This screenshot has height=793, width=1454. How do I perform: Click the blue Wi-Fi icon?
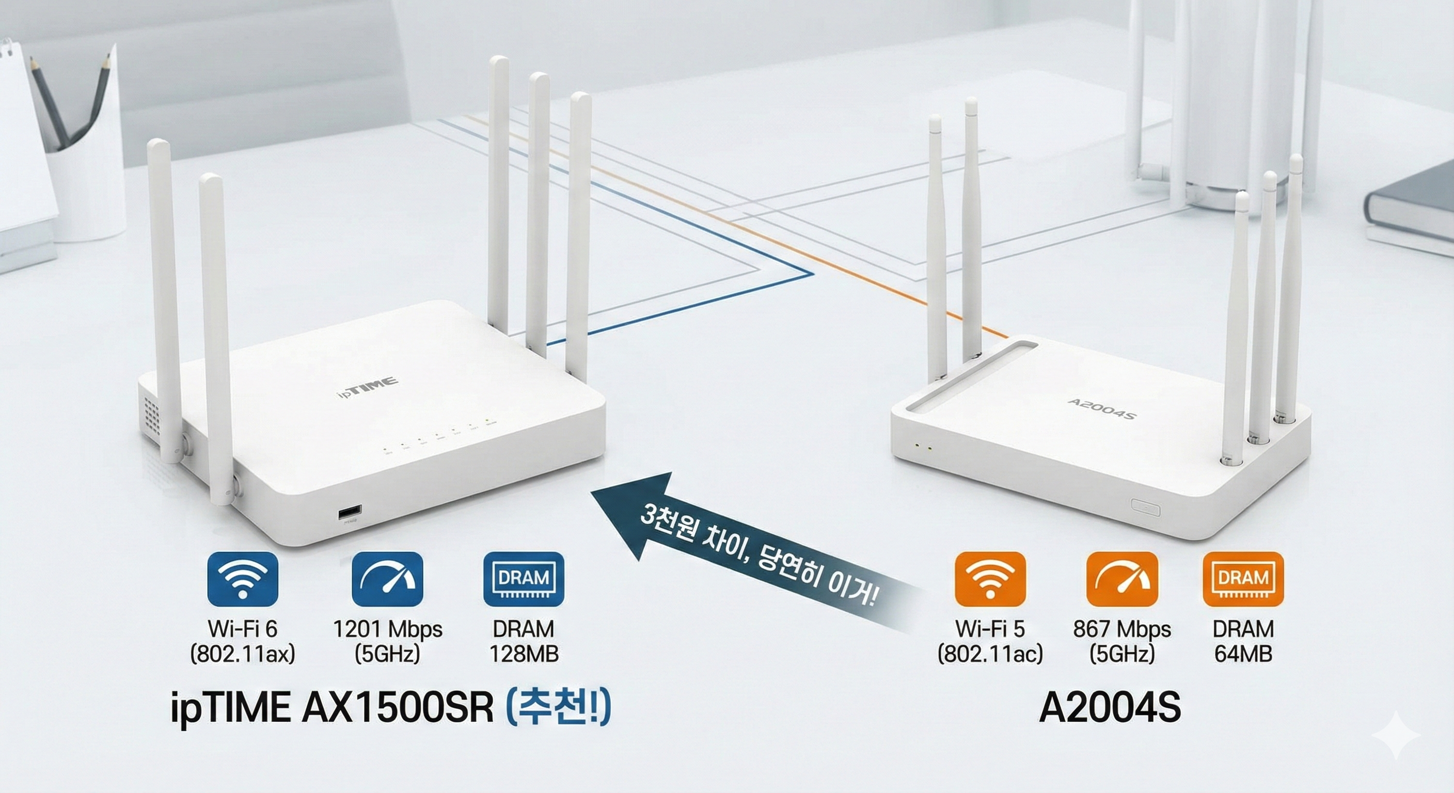coord(243,579)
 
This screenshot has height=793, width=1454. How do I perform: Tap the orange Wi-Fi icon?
coord(990,579)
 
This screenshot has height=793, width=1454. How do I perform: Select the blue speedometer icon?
coord(387,579)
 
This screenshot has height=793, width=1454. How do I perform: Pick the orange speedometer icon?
coord(1122,579)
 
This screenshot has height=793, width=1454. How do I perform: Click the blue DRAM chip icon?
coord(524,579)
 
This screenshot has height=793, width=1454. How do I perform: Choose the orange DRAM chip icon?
coord(1243,579)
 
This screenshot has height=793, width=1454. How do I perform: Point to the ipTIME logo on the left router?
coord(368,388)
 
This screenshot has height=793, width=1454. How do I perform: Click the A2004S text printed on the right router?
coord(1102,408)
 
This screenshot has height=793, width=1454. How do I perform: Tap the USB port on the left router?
coord(350,513)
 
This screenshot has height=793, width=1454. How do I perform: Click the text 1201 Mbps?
coord(388,629)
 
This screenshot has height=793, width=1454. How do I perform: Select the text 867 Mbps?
coord(1122,629)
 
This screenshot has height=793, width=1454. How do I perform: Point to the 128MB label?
coord(524,654)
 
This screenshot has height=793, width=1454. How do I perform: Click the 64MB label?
coord(1243,654)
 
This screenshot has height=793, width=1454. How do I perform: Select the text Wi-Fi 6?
coord(243,629)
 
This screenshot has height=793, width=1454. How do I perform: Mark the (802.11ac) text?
coord(990,654)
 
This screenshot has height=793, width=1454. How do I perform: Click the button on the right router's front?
coord(1146,507)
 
